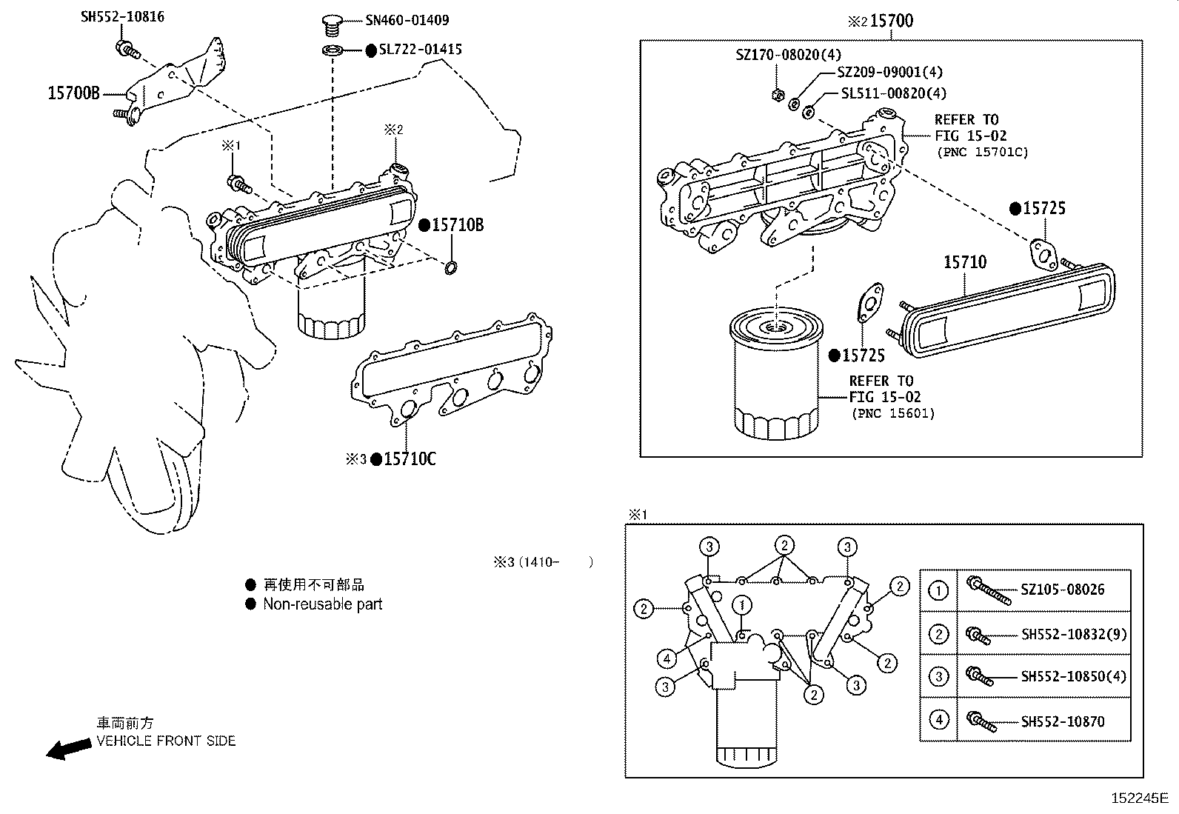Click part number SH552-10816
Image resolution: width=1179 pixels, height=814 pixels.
click(x=122, y=16)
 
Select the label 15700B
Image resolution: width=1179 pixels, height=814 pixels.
click(x=73, y=93)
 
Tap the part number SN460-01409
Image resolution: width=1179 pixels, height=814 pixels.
click(x=407, y=21)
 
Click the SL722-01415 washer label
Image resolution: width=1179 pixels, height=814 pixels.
click(x=420, y=50)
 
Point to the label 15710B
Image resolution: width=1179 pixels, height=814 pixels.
click(x=457, y=225)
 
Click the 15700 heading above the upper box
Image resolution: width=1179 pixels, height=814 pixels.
click(x=891, y=21)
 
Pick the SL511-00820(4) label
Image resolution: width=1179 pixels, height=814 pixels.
click(x=893, y=93)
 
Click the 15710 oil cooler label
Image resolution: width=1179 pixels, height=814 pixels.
click(x=964, y=262)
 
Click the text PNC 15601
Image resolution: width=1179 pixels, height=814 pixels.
click(x=892, y=413)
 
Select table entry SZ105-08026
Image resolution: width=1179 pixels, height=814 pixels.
click(x=1062, y=590)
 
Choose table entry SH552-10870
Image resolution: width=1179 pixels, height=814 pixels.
click(x=1062, y=721)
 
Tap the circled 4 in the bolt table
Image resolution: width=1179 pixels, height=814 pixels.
click(x=938, y=719)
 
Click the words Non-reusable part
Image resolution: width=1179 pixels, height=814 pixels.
click(x=322, y=604)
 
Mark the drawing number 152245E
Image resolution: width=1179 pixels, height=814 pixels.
click(x=1138, y=798)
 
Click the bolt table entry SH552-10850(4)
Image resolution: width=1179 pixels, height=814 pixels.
click(x=1073, y=676)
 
